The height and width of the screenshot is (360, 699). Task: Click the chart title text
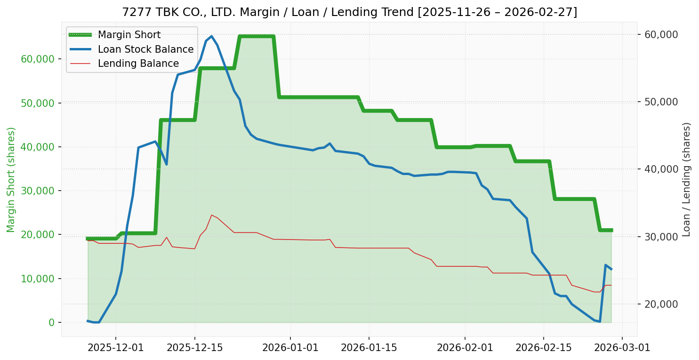tap(349, 12)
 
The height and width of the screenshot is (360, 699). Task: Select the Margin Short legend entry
tap(129, 35)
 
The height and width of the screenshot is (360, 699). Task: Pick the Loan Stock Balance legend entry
tap(145, 49)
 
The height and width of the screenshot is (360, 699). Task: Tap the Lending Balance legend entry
tap(138, 64)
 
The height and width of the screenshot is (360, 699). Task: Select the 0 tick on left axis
tap(51, 322)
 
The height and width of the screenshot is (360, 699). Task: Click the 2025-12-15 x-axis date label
tap(194, 348)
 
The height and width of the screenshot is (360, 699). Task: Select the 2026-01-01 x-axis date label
tap(290, 348)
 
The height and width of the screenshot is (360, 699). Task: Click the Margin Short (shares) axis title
tap(11, 179)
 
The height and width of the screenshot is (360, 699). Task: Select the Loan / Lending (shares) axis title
tap(686, 179)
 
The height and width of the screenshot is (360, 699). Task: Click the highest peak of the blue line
tap(211, 36)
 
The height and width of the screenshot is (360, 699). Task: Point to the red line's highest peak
tap(211, 215)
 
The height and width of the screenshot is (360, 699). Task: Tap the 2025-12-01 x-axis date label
tap(116, 348)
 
